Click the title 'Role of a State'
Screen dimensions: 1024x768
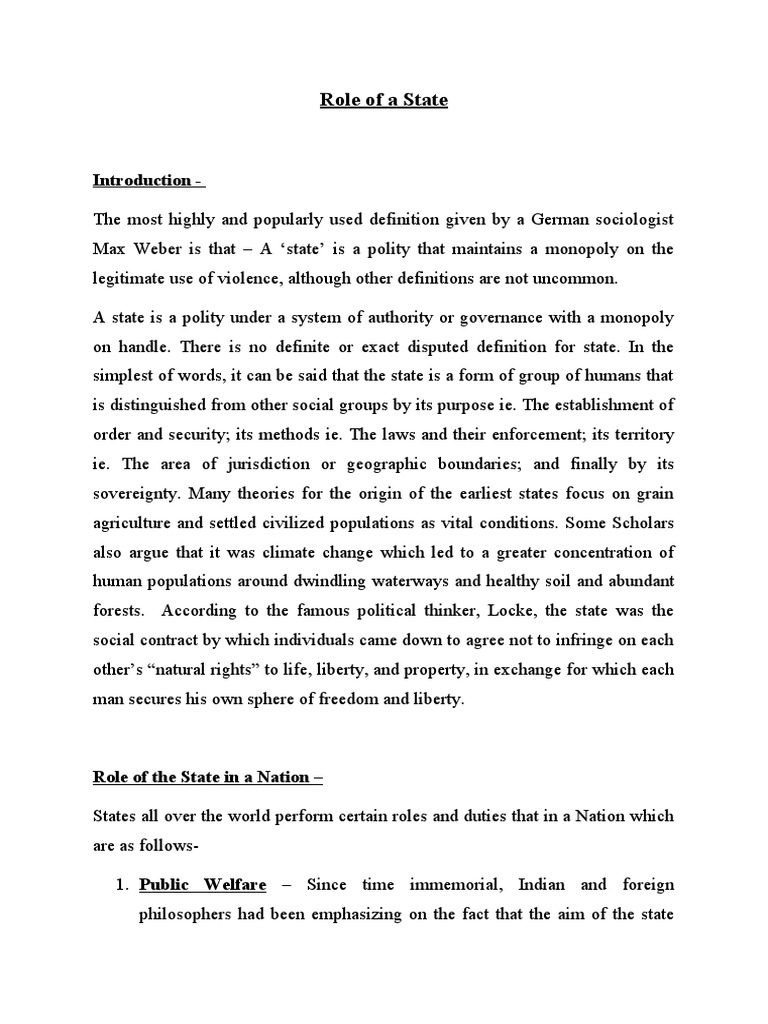(384, 100)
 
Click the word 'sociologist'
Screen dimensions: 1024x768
(627, 220)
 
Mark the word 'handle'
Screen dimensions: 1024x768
(144, 346)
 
